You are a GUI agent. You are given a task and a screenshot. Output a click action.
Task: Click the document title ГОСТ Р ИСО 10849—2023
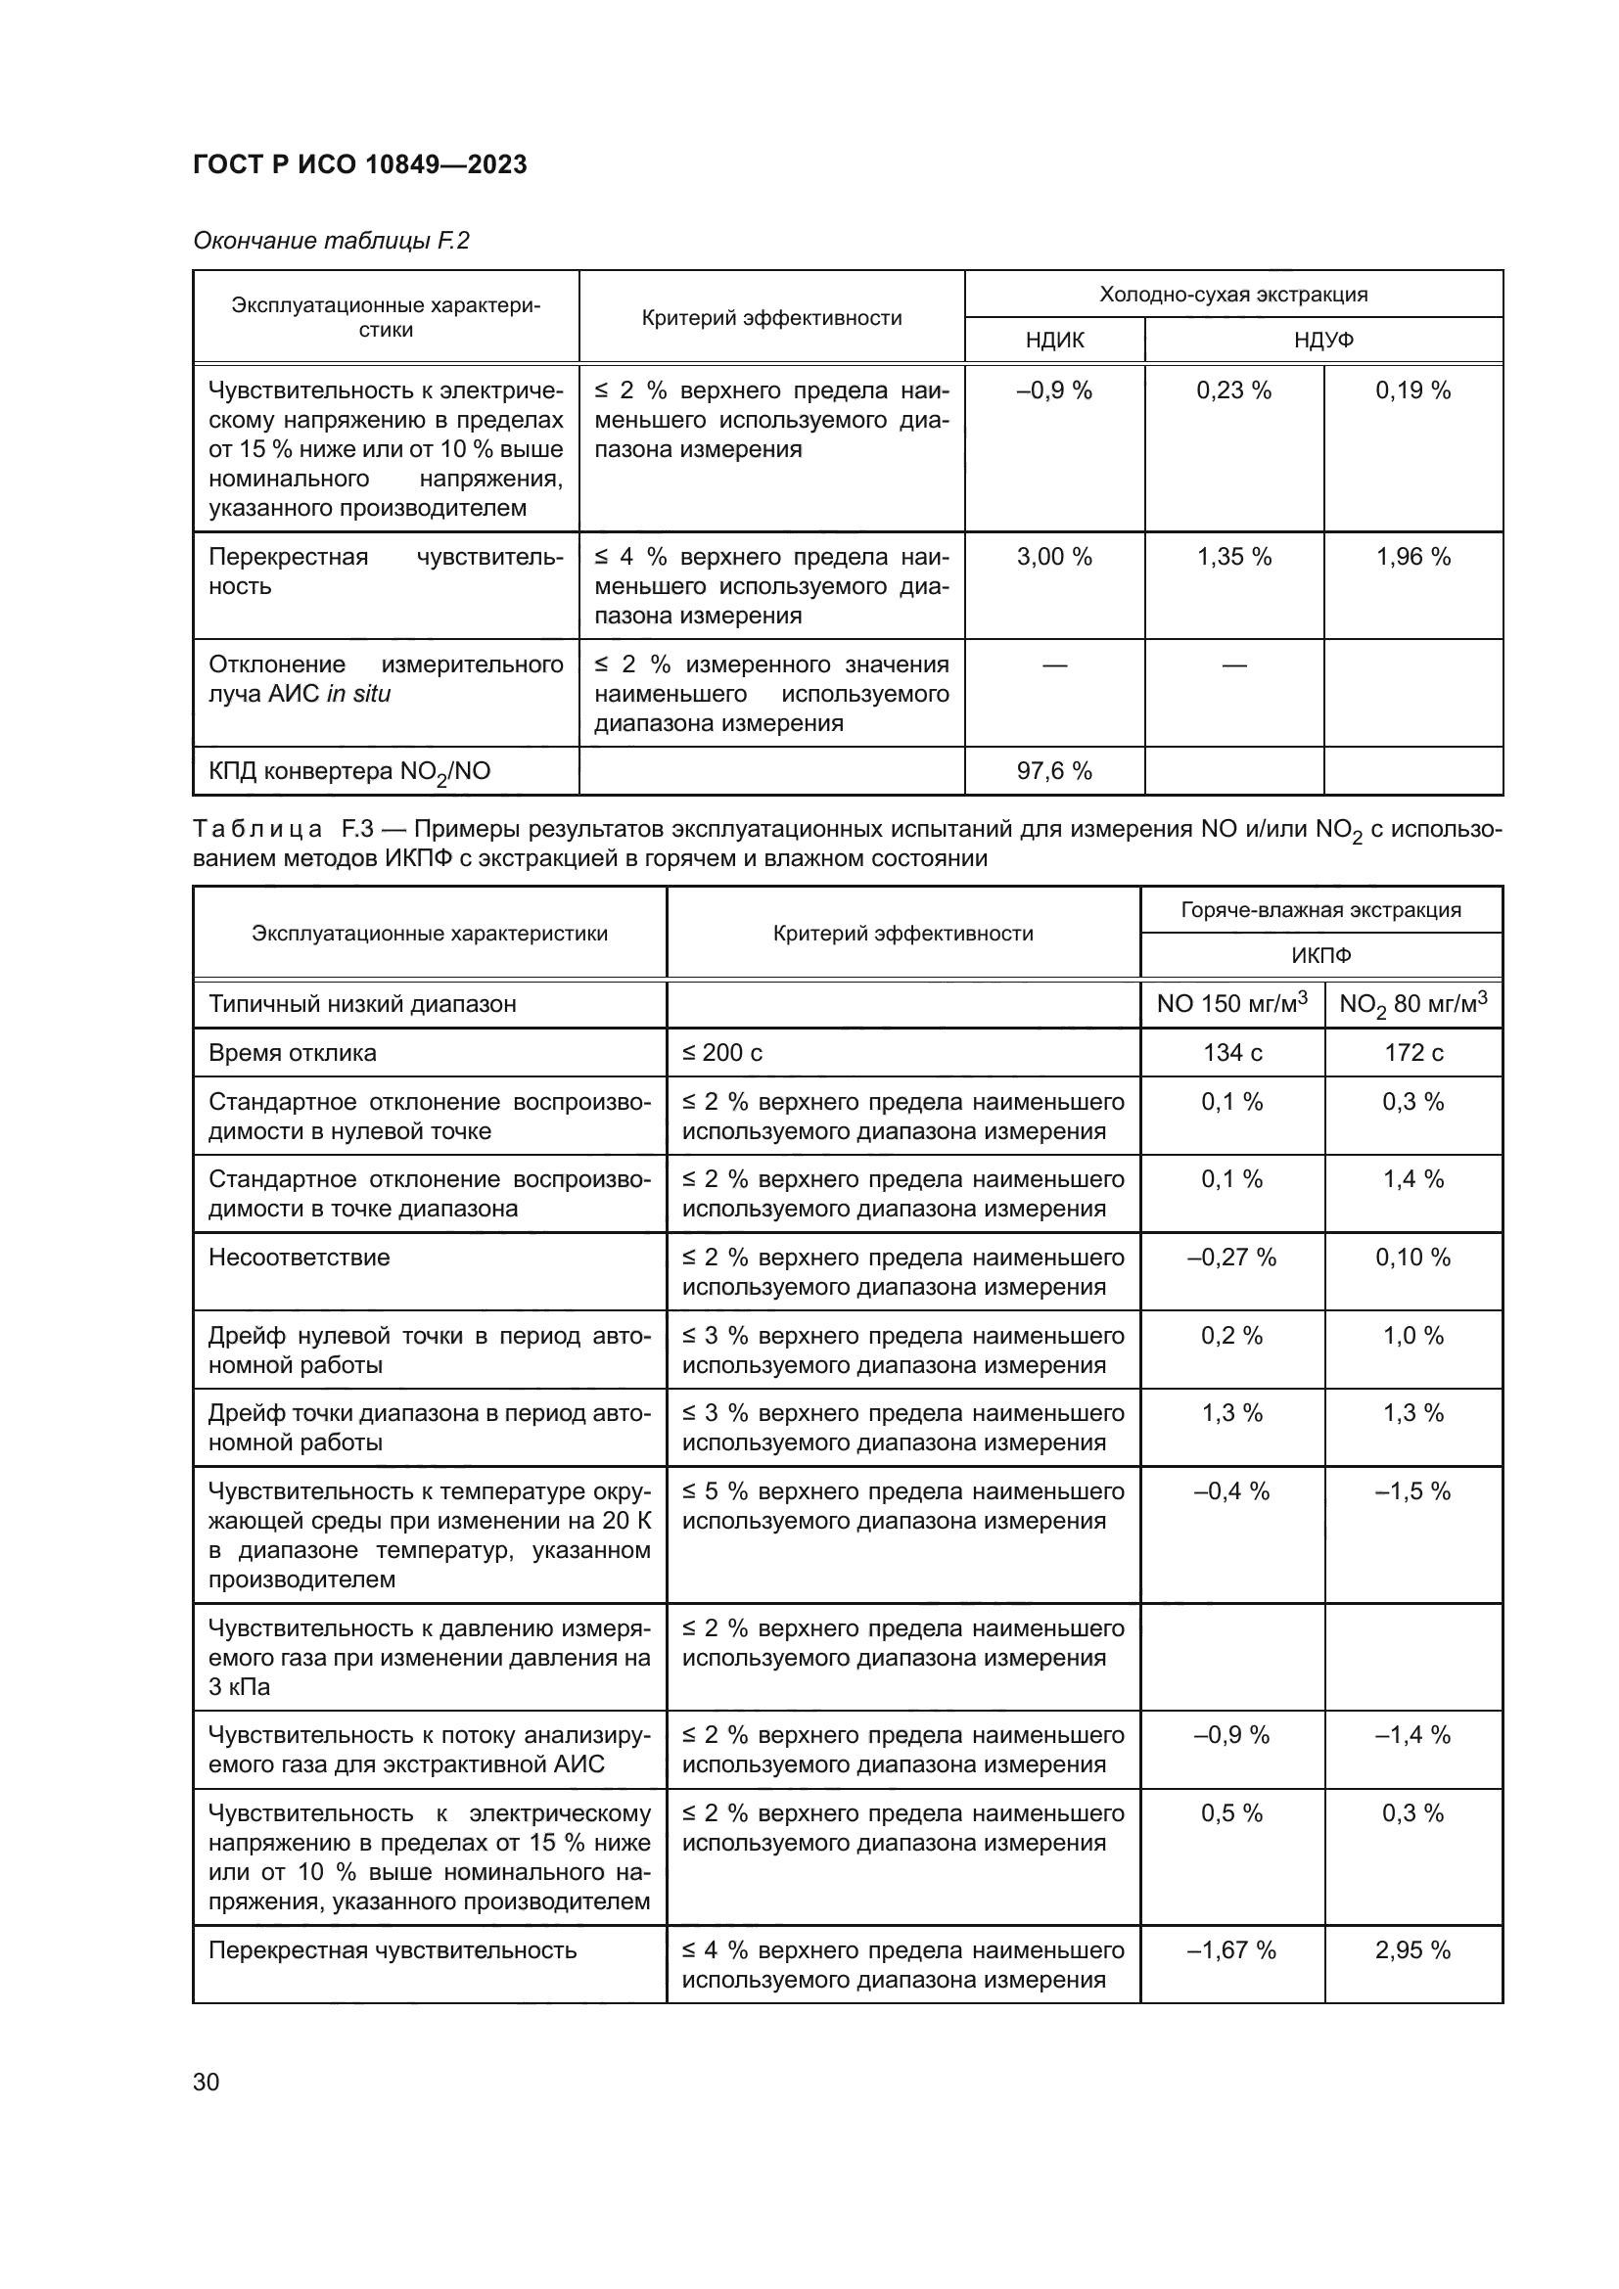click(359, 164)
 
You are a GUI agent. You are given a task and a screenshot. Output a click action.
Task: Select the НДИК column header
click(1054, 340)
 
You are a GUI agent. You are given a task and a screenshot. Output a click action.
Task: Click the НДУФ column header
click(1323, 340)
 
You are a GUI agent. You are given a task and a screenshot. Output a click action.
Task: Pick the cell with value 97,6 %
click(1054, 770)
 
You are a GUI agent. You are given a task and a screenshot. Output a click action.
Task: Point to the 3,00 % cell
click(1054, 556)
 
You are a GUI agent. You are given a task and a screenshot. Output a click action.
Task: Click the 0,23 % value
click(1233, 389)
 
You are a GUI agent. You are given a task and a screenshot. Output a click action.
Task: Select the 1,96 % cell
click(1412, 556)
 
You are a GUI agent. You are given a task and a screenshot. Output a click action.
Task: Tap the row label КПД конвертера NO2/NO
click(348, 771)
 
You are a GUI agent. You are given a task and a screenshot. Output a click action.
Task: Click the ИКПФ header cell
click(1320, 955)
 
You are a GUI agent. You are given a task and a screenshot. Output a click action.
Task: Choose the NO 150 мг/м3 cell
click(1231, 1003)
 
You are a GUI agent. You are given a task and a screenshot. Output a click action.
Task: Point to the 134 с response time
click(1231, 1053)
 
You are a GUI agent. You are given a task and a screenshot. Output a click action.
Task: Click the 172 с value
click(1412, 1053)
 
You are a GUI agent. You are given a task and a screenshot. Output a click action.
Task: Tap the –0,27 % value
click(1231, 1258)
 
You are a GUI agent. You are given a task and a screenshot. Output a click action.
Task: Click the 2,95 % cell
click(1412, 1950)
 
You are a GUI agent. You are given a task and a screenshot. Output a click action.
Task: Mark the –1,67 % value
click(1231, 1950)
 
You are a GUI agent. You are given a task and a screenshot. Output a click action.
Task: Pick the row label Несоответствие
click(300, 1258)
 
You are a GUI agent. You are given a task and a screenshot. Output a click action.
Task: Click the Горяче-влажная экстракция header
click(1320, 909)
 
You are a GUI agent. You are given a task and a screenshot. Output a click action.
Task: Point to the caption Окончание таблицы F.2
click(331, 241)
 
